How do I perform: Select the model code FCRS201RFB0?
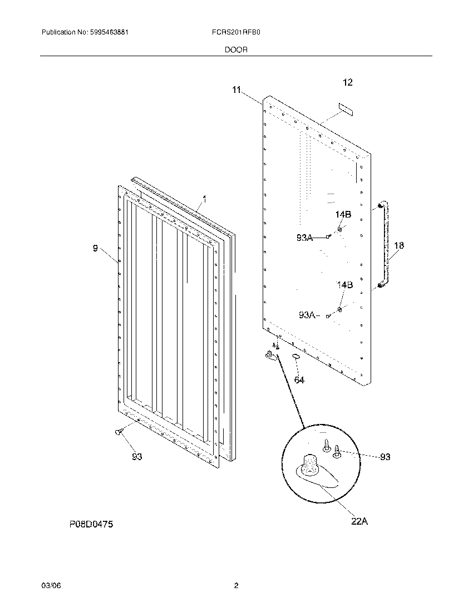[237, 33]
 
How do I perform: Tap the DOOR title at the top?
[236, 50]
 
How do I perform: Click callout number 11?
[237, 90]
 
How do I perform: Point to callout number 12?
[347, 82]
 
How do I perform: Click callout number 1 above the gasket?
[204, 198]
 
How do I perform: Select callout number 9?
[95, 249]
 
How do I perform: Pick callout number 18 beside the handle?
[399, 245]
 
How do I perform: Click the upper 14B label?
[343, 215]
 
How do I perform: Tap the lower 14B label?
[344, 285]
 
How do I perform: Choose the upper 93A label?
[304, 238]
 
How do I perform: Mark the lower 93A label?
[307, 315]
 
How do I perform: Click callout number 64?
[299, 380]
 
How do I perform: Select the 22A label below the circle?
[359, 521]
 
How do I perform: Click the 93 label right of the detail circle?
[385, 457]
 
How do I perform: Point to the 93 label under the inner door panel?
[137, 457]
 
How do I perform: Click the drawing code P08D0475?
[91, 524]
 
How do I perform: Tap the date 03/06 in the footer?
[50, 585]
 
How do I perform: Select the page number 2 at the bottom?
[236, 585]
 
